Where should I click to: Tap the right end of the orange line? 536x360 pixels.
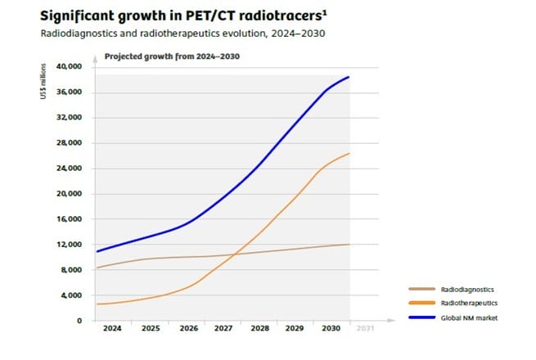[x=350, y=153]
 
